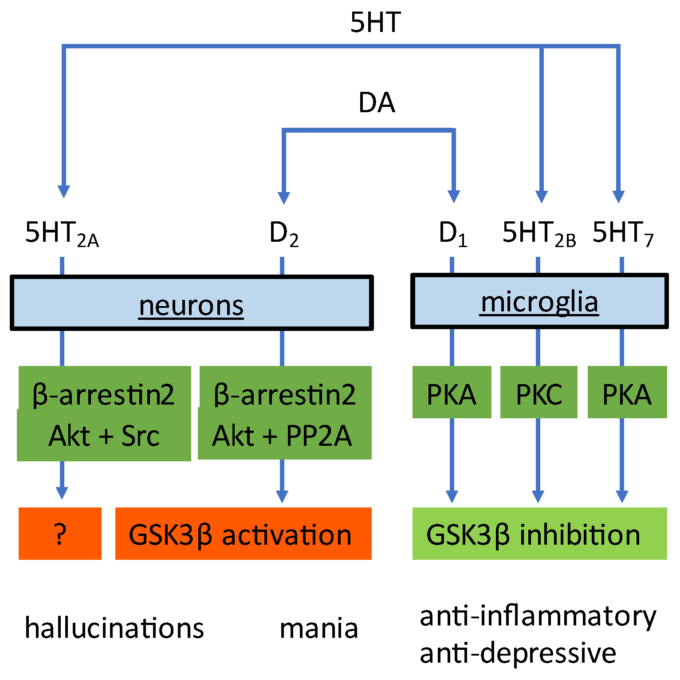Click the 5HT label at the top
(x=375, y=22)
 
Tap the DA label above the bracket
(x=377, y=103)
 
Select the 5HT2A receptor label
(x=62, y=233)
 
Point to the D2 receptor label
(x=284, y=233)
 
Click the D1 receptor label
(x=452, y=233)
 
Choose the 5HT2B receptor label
(x=538, y=233)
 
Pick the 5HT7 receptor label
(x=623, y=233)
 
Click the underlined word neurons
(x=191, y=305)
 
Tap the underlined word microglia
(x=539, y=302)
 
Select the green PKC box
(x=538, y=393)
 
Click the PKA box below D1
(x=452, y=393)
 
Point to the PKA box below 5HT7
(x=627, y=393)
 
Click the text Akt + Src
(x=104, y=436)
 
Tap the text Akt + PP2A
(x=282, y=436)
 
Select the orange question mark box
(x=60, y=534)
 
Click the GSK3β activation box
(x=243, y=534)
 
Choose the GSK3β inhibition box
(x=539, y=534)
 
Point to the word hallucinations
(x=114, y=628)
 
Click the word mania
(x=318, y=628)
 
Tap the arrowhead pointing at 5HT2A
(x=64, y=191)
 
